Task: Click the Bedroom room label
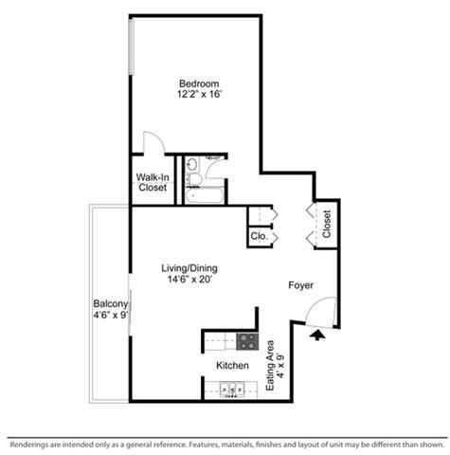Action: (x=199, y=83)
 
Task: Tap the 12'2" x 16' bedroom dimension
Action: (x=200, y=94)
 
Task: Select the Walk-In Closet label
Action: (x=153, y=182)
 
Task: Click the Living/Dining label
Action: (x=189, y=268)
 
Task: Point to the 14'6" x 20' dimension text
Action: (x=189, y=280)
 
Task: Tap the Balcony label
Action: (x=111, y=304)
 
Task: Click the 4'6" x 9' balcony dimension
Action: (x=111, y=315)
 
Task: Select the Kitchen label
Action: (x=232, y=366)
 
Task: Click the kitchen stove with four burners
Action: (x=247, y=342)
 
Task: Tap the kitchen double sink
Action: (x=232, y=389)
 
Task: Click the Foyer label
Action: (x=301, y=285)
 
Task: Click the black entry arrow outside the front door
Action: (x=317, y=335)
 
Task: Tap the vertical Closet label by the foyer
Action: (x=327, y=224)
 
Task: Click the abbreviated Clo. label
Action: (x=260, y=236)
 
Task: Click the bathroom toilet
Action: (x=193, y=179)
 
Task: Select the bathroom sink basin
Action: (x=191, y=164)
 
